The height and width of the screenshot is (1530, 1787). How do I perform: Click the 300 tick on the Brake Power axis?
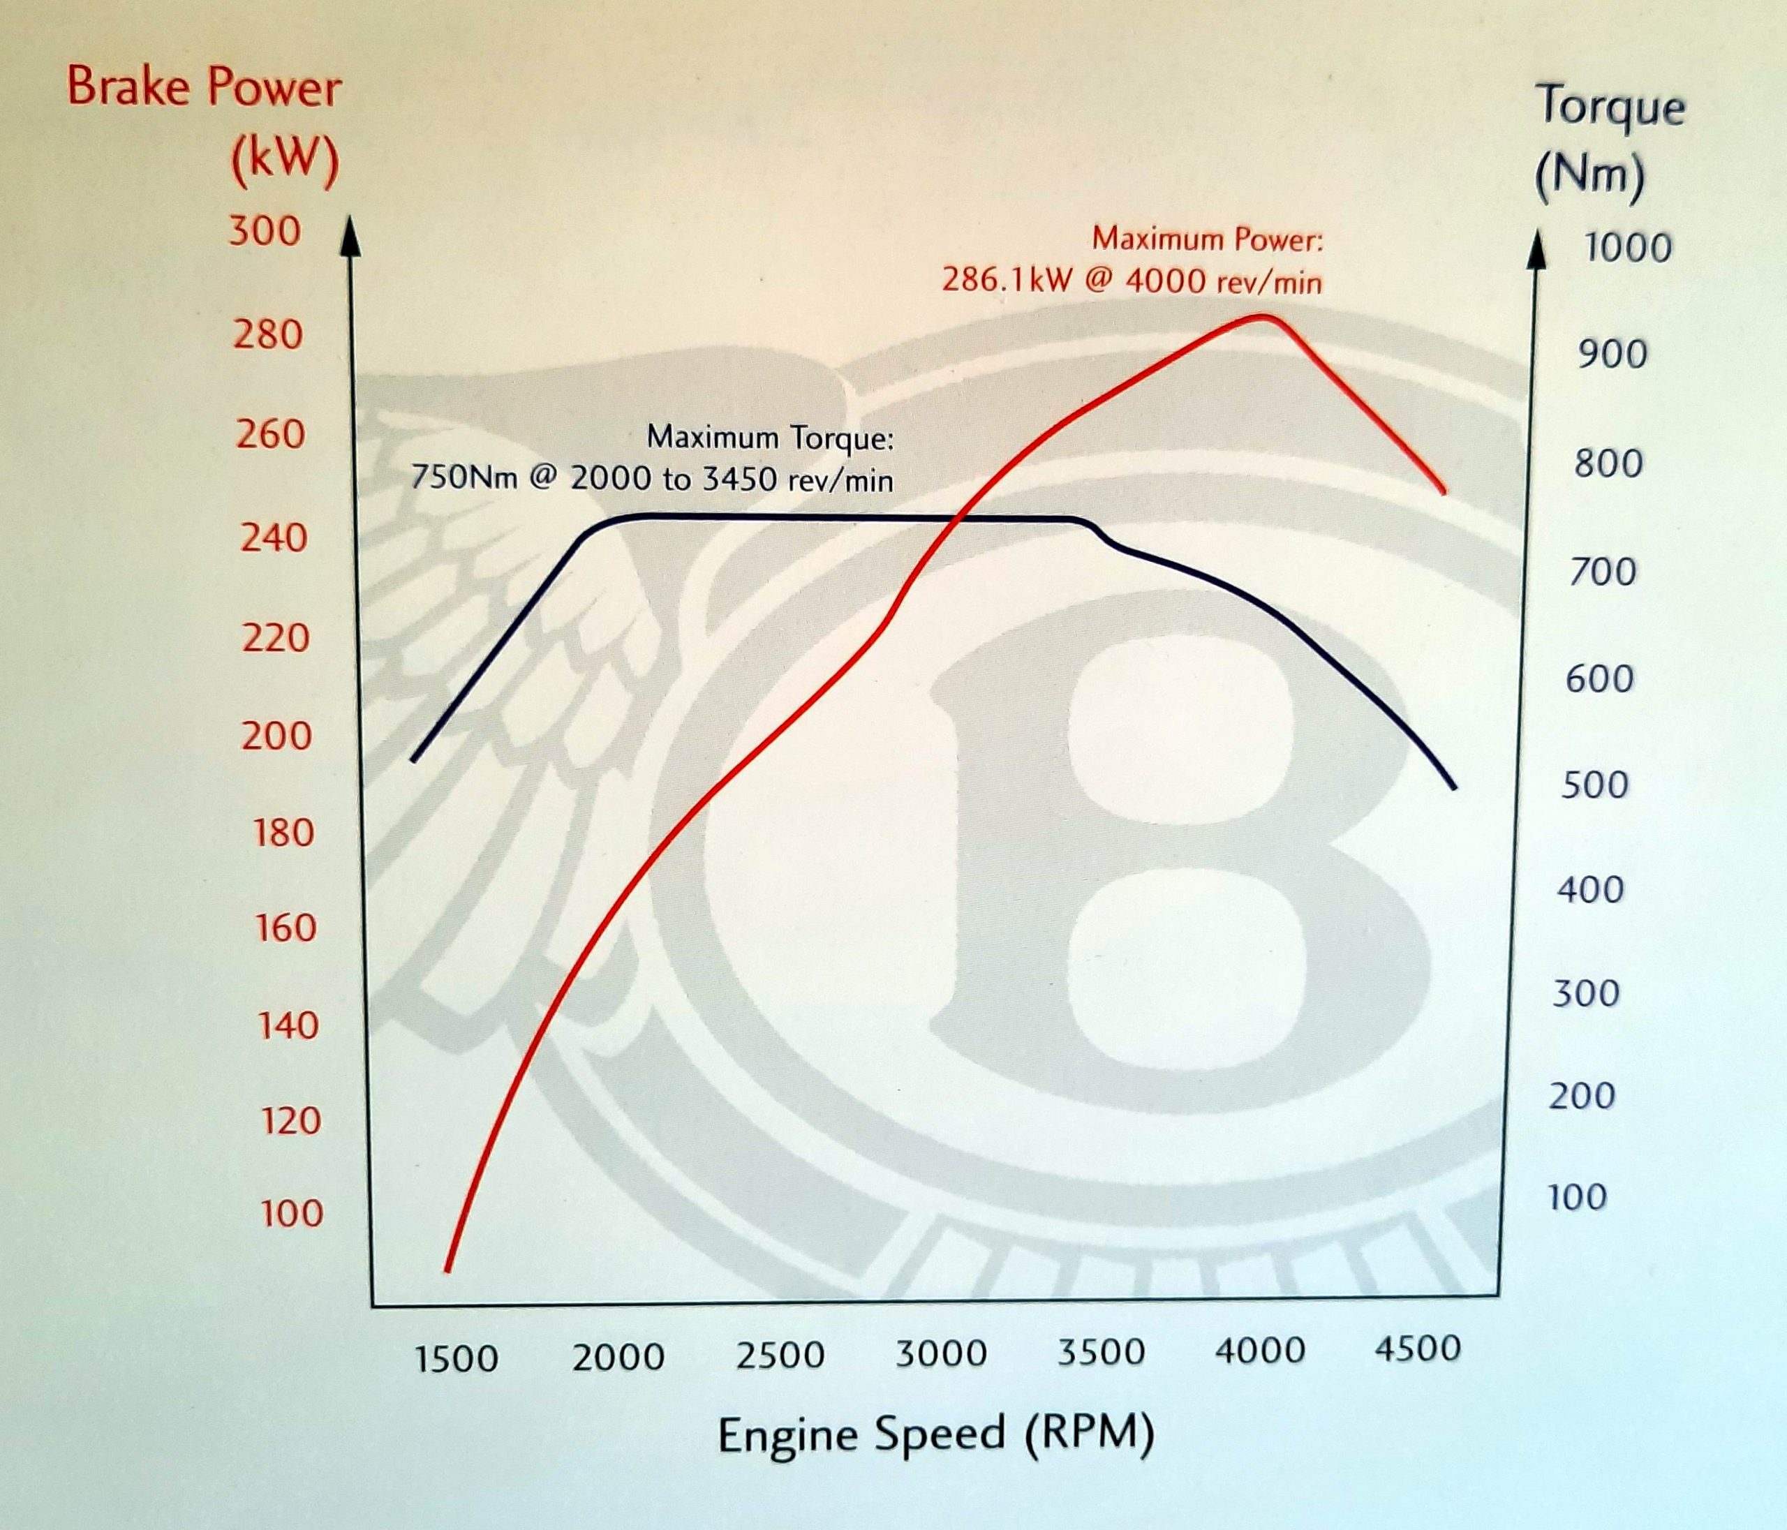tap(265, 231)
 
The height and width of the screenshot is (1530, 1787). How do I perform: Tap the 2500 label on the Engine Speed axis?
tap(780, 1355)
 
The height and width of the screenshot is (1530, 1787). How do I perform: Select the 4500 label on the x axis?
tap(1417, 1348)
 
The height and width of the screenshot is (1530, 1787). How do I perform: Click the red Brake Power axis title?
tap(205, 89)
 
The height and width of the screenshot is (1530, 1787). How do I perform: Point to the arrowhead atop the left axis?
tap(349, 235)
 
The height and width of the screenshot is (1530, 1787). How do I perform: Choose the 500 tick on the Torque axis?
tap(1594, 785)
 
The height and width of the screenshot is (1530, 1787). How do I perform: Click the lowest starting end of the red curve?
tap(447, 1270)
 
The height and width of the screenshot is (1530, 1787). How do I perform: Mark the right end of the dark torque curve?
tap(1455, 787)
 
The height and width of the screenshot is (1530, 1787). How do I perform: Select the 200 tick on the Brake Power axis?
tap(275, 736)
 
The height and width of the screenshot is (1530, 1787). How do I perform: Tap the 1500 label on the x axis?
tap(457, 1359)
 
